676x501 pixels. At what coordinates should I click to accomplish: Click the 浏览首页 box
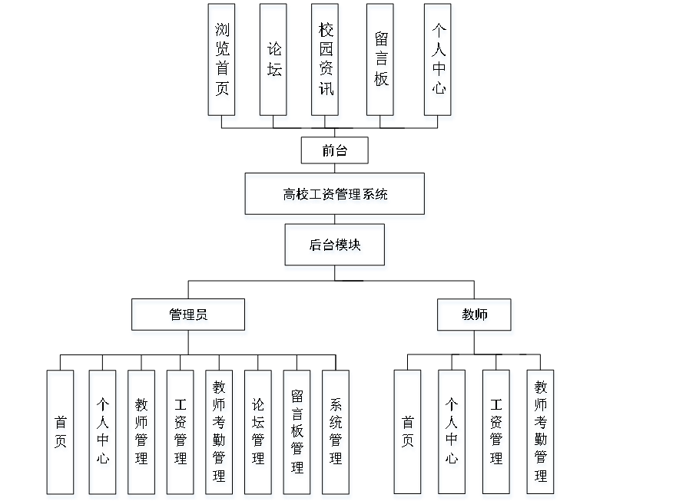point(222,63)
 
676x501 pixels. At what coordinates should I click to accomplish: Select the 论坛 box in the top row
point(274,63)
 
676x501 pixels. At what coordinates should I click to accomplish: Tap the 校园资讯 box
point(326,63)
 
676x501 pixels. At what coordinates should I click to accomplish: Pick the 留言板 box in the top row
point(381,63)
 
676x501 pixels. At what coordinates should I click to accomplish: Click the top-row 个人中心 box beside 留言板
point(439,63)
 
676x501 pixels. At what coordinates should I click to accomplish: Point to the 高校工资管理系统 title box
point(335,196)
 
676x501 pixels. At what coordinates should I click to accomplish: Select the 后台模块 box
point(336,247)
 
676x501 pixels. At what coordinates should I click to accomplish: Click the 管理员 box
point(189,317)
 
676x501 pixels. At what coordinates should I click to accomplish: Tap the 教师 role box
point(475,317)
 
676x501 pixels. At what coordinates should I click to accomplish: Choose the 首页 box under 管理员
point(61,434)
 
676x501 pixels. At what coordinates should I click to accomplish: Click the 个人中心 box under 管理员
point(103,434)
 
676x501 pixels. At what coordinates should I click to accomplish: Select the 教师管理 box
point(142,434)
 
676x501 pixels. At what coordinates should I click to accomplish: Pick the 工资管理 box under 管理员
point(181,434)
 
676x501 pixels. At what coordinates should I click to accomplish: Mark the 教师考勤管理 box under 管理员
point(220,434)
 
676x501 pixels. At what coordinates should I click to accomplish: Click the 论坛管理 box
point(259,434)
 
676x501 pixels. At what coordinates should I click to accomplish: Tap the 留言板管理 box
point(297,434)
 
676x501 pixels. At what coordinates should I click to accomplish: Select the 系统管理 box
point(336,434)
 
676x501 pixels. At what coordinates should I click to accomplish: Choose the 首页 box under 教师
point(409,434)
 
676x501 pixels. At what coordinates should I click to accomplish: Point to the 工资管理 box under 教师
point(496,434)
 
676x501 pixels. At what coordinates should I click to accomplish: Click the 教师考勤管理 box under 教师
point(541,434)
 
